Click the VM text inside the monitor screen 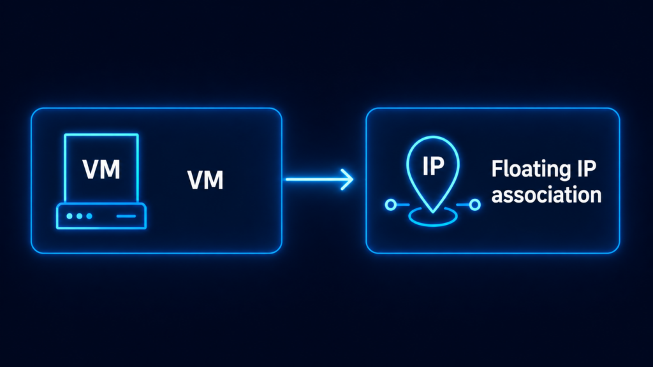101,169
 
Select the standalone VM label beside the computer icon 205,180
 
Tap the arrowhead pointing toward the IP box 348,179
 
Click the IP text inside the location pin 433,166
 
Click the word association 547,194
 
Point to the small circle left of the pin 391,205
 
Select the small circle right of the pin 474,205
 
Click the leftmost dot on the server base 70,216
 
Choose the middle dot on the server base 79,216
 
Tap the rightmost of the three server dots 89,216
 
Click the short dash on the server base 126,216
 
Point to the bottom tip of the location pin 433,213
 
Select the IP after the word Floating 586,168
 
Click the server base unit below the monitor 101,216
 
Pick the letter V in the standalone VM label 195,180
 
